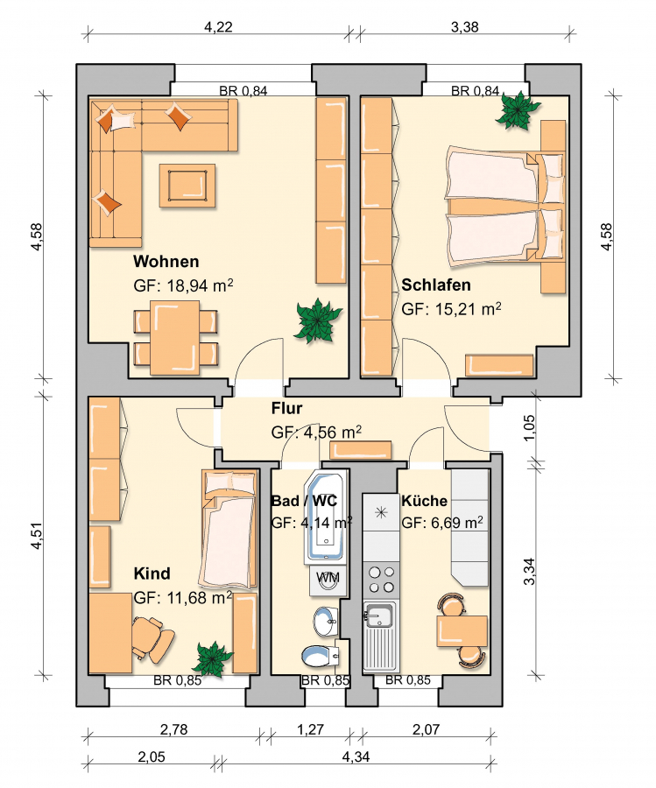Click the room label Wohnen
point(166,261)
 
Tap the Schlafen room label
point(436,285)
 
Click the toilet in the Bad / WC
point(320,655)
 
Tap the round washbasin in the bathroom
point(325,621)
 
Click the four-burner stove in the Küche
point(381,580)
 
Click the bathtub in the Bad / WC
point(326,517)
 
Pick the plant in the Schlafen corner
point(518,110)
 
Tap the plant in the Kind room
point(213,658)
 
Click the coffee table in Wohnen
point(187,186)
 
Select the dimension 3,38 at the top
point(464,26)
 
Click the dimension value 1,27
point(310,729)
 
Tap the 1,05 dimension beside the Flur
point(530,427)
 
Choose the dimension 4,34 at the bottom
point(356,756)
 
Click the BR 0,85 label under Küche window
point(408,680)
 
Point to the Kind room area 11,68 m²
point(183,598)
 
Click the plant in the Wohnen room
point(318,320)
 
